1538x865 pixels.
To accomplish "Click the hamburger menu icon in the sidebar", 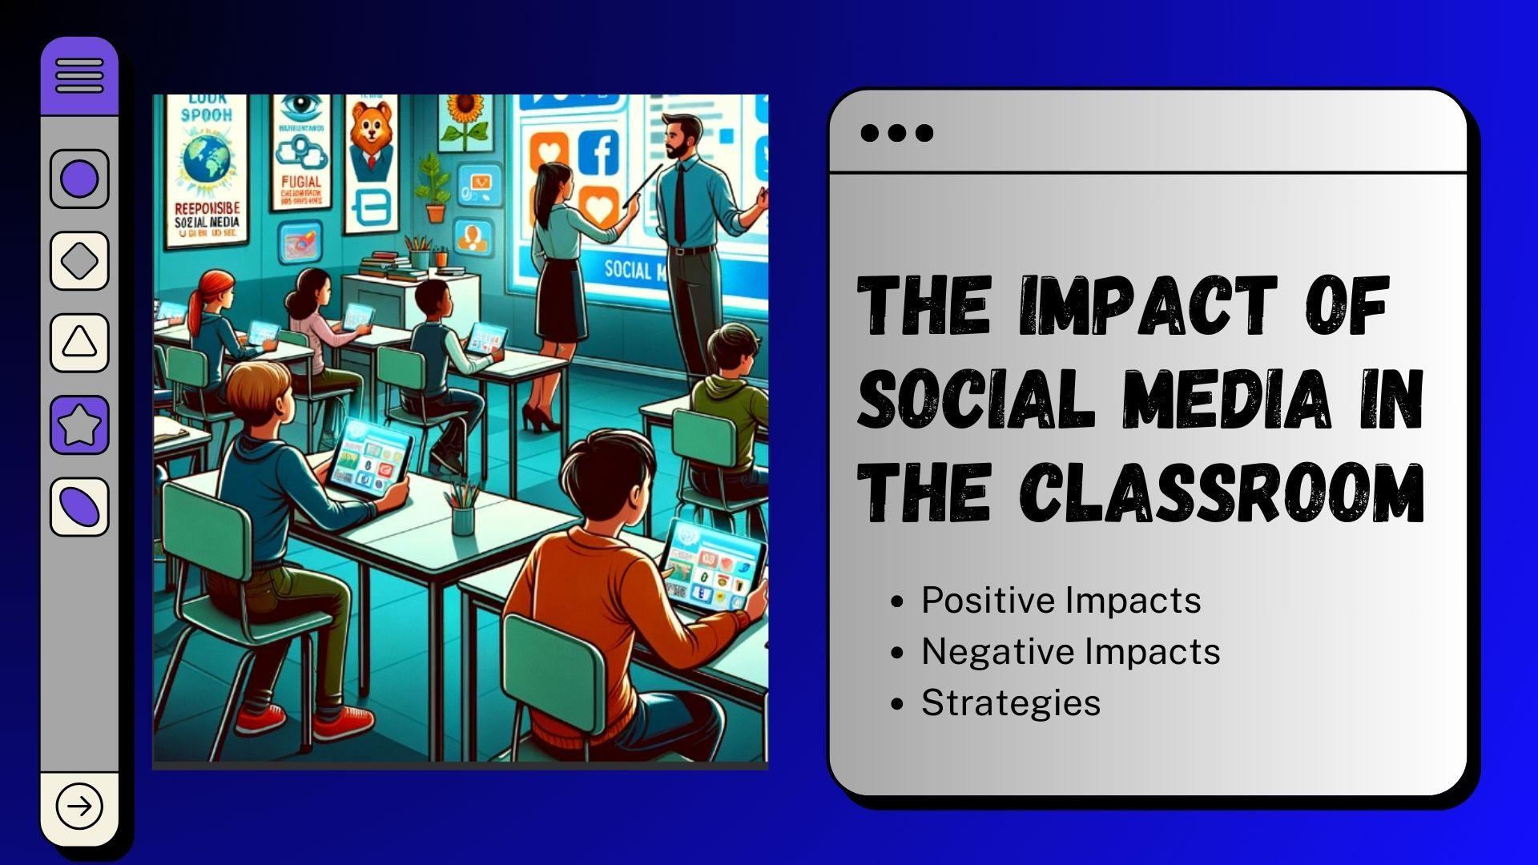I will point(79,76).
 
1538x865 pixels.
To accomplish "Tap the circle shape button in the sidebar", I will point(79,179).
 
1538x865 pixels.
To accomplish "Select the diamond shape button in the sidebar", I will point(79,261).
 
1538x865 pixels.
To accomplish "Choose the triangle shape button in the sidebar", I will point(79,343).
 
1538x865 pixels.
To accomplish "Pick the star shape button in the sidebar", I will point(79,424).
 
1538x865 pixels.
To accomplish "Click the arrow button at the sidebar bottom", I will point(79,806).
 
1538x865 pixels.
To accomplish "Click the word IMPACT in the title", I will point(1148,305).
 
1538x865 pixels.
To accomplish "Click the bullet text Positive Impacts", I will point(1061,601).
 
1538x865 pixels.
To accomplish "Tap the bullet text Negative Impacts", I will point(1070,651).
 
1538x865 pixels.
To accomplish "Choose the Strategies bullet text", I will point(1011,702).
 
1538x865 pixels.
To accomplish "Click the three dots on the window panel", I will point(896,133).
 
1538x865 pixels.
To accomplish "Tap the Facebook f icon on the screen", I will point(599,152).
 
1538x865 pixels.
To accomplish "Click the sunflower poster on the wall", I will point(464,120).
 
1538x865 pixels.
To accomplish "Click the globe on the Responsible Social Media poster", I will point(206,160).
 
